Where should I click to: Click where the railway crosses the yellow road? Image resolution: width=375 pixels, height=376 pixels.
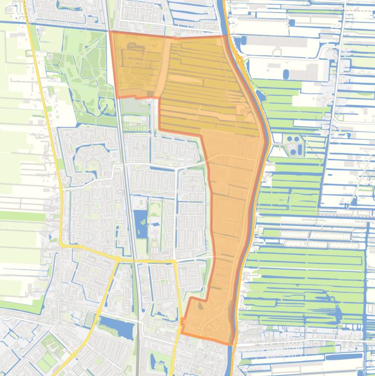(133, 258)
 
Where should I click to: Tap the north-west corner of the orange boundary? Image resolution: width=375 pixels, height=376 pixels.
(110, 32)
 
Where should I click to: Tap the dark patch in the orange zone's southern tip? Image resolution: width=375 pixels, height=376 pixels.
(201, 307)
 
